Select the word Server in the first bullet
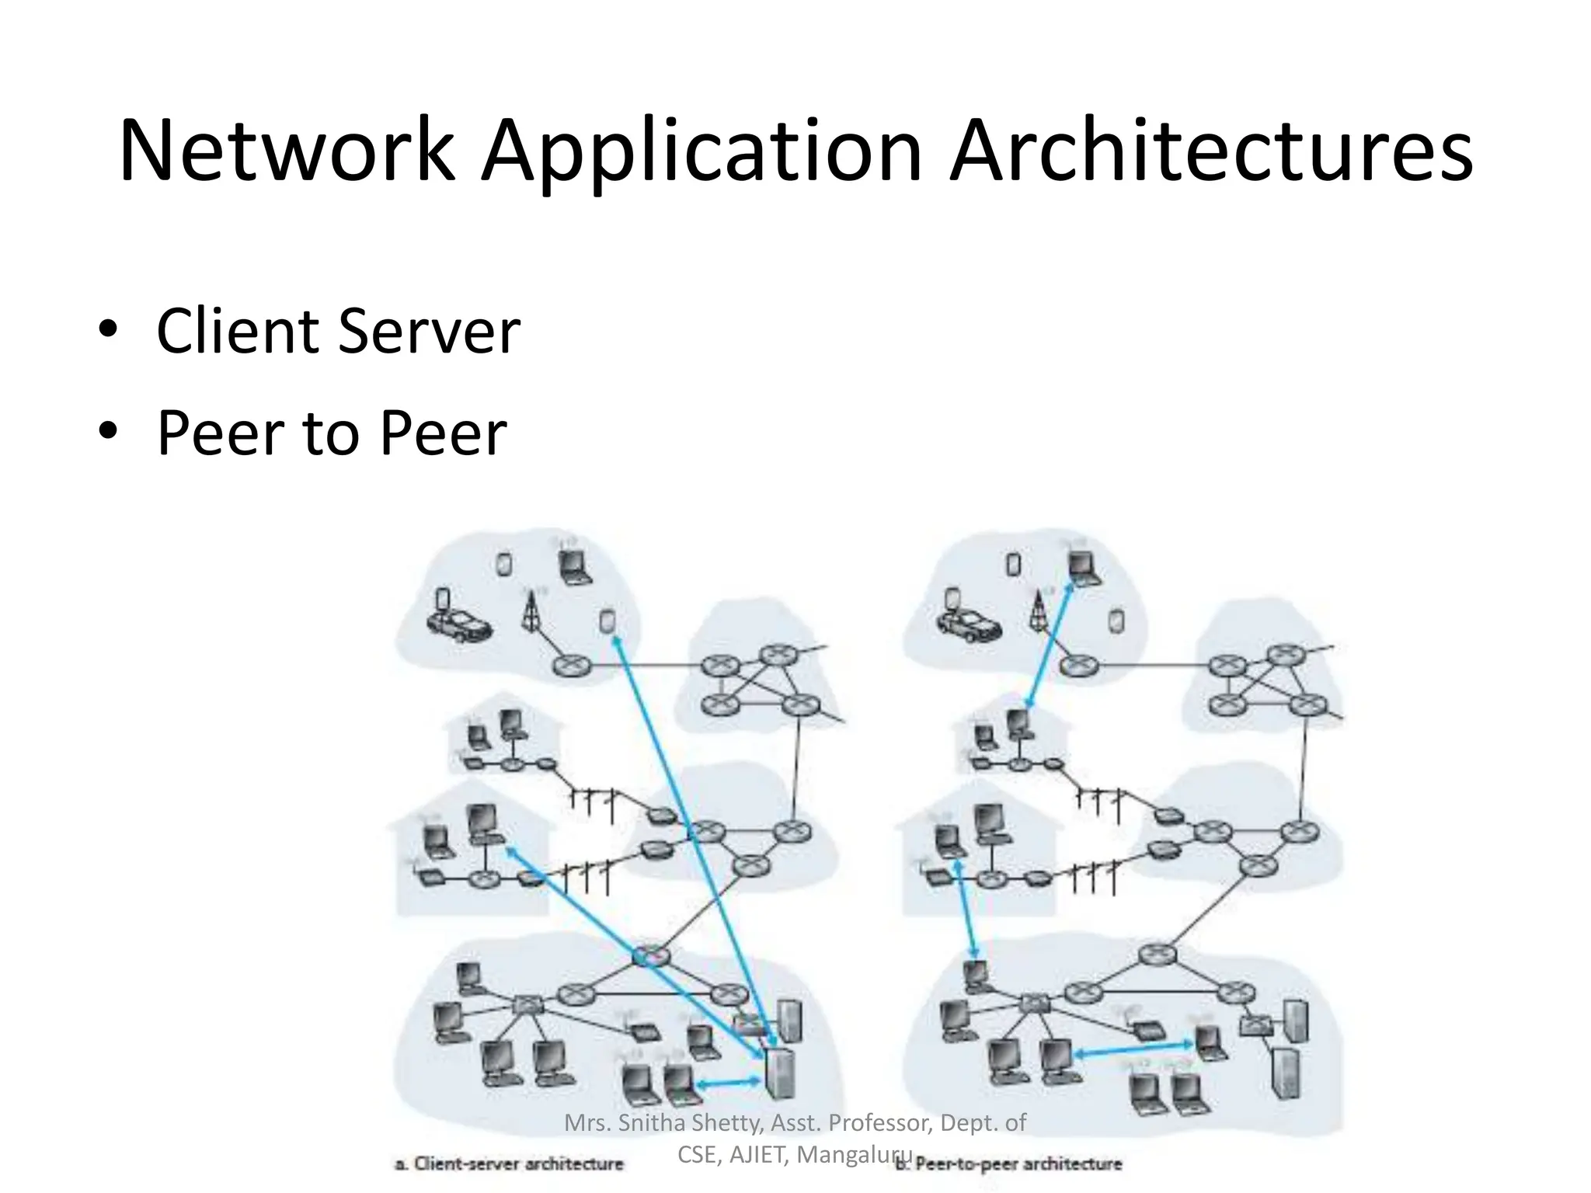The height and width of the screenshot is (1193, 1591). pos(429,332)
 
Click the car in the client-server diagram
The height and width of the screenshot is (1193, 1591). pos(458,624)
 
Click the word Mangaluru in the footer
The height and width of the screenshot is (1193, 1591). pos(855,1155)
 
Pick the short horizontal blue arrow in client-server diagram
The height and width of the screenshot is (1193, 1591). pos(729,1083)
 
